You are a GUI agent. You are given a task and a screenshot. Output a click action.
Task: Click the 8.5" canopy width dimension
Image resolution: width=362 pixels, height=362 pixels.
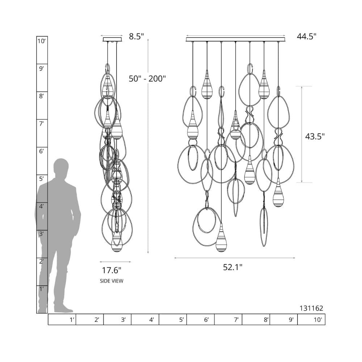[136, 36]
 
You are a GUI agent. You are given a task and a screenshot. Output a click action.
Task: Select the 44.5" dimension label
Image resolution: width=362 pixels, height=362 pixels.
[307, 36]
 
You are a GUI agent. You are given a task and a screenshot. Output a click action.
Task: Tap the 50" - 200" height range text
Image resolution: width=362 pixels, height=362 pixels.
[147, 79]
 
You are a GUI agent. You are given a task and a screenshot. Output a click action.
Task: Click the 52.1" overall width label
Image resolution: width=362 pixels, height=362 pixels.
[232, 267]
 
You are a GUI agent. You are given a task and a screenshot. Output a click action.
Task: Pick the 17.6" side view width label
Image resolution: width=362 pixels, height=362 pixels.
[111, 270]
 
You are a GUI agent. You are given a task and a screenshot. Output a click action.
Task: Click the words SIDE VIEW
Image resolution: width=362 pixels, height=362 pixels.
[111, 281]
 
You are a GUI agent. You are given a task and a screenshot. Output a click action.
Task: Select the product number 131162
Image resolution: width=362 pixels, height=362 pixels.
[311, 308]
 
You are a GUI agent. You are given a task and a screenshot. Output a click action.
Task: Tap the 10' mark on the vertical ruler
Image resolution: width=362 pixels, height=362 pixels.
[42, 41]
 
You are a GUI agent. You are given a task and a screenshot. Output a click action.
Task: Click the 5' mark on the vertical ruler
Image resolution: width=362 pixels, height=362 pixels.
[42, 178]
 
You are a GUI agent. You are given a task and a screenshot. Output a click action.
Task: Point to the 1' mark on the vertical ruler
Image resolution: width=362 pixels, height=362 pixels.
[42, 289]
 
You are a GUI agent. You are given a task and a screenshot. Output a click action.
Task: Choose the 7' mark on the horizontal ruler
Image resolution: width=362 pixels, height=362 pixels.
[236, 320]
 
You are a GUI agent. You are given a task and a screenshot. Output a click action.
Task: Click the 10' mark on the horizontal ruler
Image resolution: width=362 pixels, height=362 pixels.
[318, 320]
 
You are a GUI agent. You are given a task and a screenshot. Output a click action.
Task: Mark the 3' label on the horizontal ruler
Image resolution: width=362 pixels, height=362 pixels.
[123, 320]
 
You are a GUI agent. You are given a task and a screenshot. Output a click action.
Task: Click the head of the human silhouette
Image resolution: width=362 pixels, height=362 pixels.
[61, 167]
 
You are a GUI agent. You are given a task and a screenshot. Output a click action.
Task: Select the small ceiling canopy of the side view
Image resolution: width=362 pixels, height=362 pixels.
[112, 39]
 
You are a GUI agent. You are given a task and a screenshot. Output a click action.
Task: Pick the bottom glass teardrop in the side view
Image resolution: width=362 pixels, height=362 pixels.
[117, 243]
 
